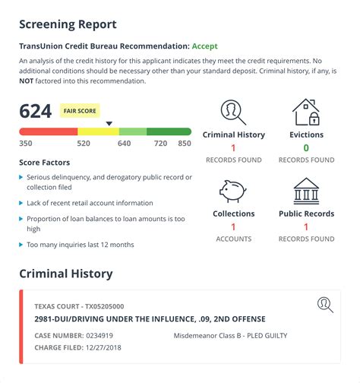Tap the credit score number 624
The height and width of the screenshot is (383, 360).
point(35,112)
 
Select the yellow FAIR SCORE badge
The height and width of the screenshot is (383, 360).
point(80,111)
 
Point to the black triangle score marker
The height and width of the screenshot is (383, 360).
point(109,123)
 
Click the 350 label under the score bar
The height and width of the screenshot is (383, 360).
point(26,143)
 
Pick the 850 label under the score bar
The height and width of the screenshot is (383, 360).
point(184,143)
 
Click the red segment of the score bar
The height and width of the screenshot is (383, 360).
point(48,131)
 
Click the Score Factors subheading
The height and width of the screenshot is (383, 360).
point(44,162)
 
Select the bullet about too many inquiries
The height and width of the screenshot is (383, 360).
point(80,245)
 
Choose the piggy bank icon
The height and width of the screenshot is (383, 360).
point(233,191)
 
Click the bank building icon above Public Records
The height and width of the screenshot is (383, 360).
point(306,191)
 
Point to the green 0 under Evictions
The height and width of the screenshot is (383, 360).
point(306,148)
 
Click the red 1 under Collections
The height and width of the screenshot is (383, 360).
point(233,226)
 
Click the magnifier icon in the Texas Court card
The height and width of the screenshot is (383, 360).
point(325,305)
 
